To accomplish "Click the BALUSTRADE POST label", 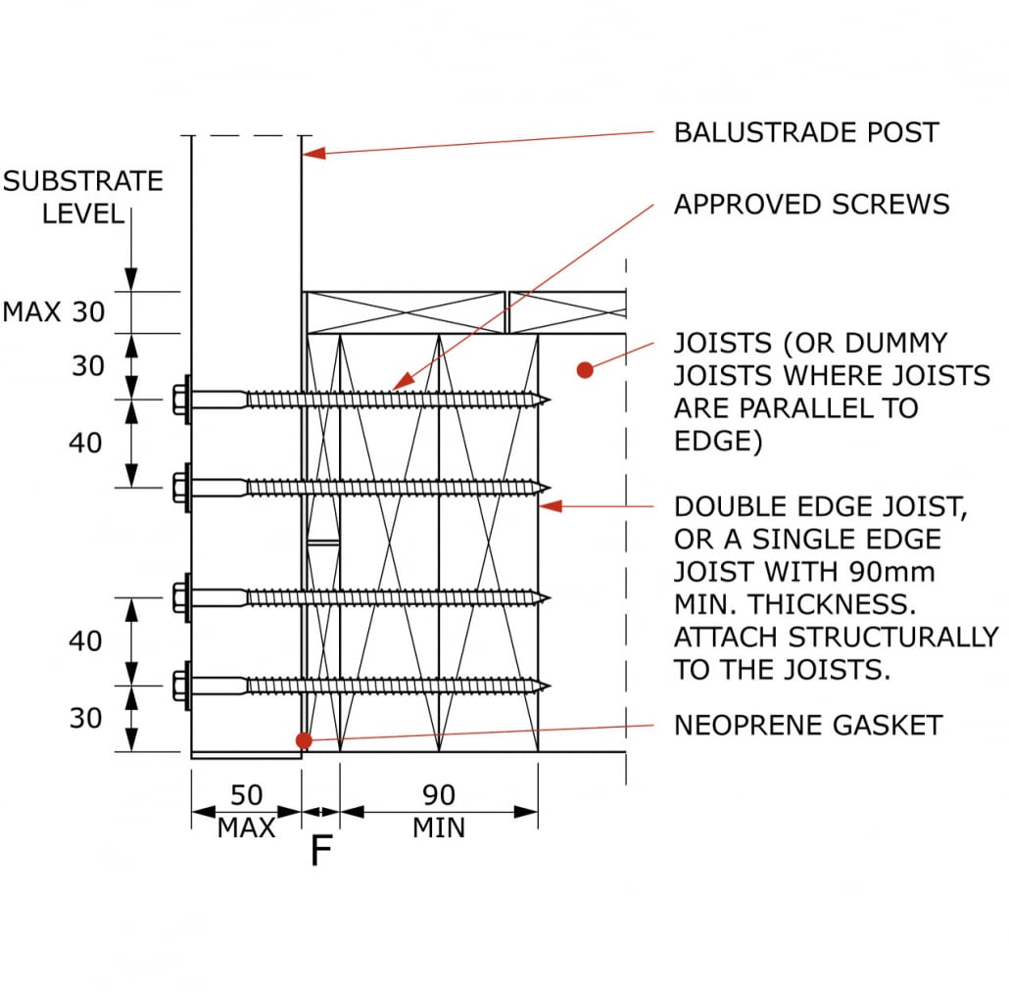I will coord(805,132).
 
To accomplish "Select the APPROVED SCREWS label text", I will coord(811,205).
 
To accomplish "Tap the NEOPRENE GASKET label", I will coord(807,726).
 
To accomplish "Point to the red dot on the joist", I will coord(585,370).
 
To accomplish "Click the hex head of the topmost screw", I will coord(181,399).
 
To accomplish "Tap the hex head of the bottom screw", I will coord(181,686).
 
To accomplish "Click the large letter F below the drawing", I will coord(320,852).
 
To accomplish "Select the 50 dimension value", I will coord(246,794).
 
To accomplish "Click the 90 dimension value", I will coord(438,794).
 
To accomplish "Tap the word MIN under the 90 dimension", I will coord(438,828).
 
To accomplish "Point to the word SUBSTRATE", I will coord(83,181).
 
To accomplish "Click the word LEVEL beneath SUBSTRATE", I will coord(84,213).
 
